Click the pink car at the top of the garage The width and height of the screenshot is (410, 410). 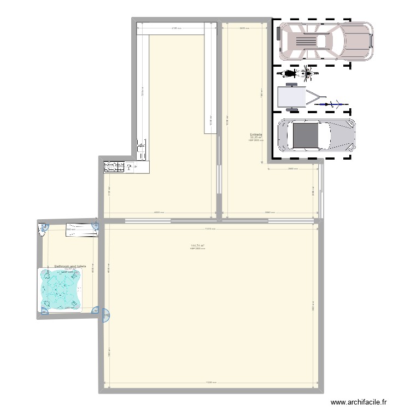tap(326, 41)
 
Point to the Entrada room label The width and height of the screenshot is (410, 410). tap(256, 134)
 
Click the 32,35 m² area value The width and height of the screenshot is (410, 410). tap(256, 138)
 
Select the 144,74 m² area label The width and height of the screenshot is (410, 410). tap(197, 245)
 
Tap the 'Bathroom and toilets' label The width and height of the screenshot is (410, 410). tap(71, 266)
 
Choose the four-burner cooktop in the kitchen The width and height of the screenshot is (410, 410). tap(113, 166)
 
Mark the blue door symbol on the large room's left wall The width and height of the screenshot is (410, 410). tap(106, 315)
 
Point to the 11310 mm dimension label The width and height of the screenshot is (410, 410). tap(208, 229)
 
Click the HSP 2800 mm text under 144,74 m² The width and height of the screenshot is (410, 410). tap(197, 249)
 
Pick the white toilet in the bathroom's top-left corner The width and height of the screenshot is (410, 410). tap(44, 230)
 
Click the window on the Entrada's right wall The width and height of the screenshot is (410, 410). tap(322, 191)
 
